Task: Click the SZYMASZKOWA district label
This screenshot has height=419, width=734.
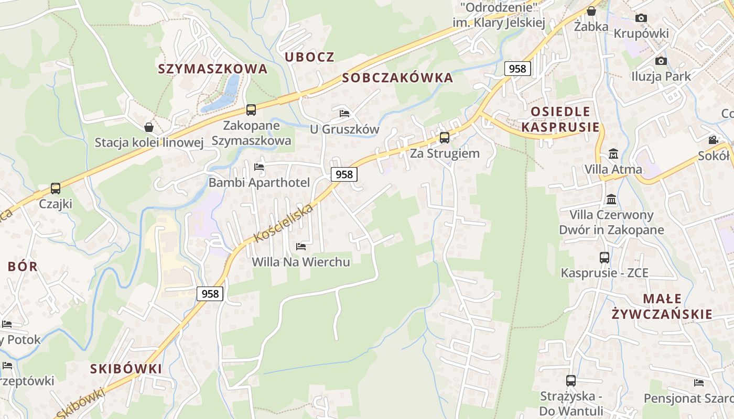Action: pyautogui.click(x=213, y=69)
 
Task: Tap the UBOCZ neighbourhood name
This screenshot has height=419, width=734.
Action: pyautogui.click(x=309, y=57)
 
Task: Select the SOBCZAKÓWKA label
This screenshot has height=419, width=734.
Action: pyautogui.click(x=397, y=78)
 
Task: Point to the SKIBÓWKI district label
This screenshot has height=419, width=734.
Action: pyautogui.click(x=126, y=369)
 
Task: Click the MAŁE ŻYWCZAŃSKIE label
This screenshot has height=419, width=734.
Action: pyautogui.click(x=662, y=306)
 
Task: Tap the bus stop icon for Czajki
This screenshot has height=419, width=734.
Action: pyautogui.click(x=56, y=189)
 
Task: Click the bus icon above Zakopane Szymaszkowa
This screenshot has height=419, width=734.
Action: pyautogui.click(x=251, y=110)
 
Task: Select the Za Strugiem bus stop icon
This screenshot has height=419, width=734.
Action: pyautogui.click(x=445, y=138)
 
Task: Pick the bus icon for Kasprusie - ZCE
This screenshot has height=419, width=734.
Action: pyautogui.click(x=605, y=258)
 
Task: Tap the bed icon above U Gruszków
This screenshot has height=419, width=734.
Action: pyautogui.click(x=344, y=113)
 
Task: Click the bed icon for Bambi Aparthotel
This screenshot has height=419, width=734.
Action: pyautogui.click(x=259, y=167)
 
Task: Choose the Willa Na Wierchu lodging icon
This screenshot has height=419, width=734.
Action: pyautogui.click(x=301, y=246)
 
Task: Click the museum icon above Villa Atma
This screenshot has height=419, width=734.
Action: pyautogui.click(x=613, y=154)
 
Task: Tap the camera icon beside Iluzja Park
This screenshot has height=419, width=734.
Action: pyautogui.click(x=661, y=61)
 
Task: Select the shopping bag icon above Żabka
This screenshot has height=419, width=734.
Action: pyautogui.click(x=591, y=11)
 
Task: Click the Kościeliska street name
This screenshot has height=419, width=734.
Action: pyautogui.click(x=283, y=224)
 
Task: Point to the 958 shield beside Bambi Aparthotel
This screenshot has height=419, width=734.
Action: pyautogui.click(x=344, y=174)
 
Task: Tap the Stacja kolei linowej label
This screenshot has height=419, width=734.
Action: pyautogui.click(x=148, y=142)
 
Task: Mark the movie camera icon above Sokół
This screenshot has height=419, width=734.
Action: pyautogui.click(x=713, y=140)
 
